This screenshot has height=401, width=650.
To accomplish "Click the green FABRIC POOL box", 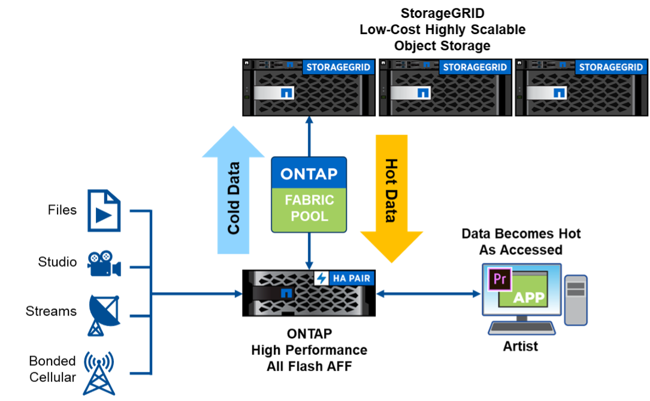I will click(x=309, y=208).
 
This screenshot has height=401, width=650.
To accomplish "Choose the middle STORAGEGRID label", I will click(x=475, y=66).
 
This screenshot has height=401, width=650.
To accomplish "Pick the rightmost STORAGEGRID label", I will click(x=611, y=66).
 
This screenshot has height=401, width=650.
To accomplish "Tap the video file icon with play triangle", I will click(x=104, y=210).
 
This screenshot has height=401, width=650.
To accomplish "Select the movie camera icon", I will click(x=104, y=264).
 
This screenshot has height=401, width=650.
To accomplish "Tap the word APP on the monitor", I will click(x=529, y=297).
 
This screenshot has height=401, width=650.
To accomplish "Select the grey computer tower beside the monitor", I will click(x=576, y=300).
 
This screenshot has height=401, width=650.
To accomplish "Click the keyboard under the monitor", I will click(x=522, y=327).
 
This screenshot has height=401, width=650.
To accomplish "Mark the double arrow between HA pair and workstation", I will click(x=429, y=294).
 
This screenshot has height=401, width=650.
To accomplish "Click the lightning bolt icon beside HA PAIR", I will click(x=321, y=278).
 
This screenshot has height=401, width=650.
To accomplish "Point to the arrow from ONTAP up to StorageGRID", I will click(x=309, y=136).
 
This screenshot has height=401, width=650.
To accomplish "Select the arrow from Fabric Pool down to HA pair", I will click(x=309, y=251).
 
